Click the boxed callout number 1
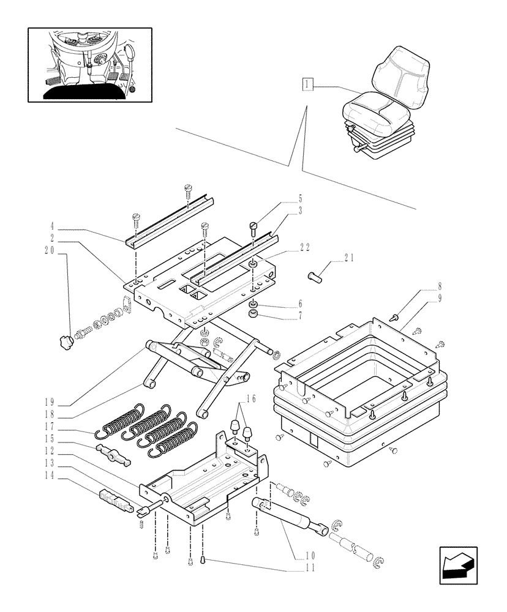pos(307,84)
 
